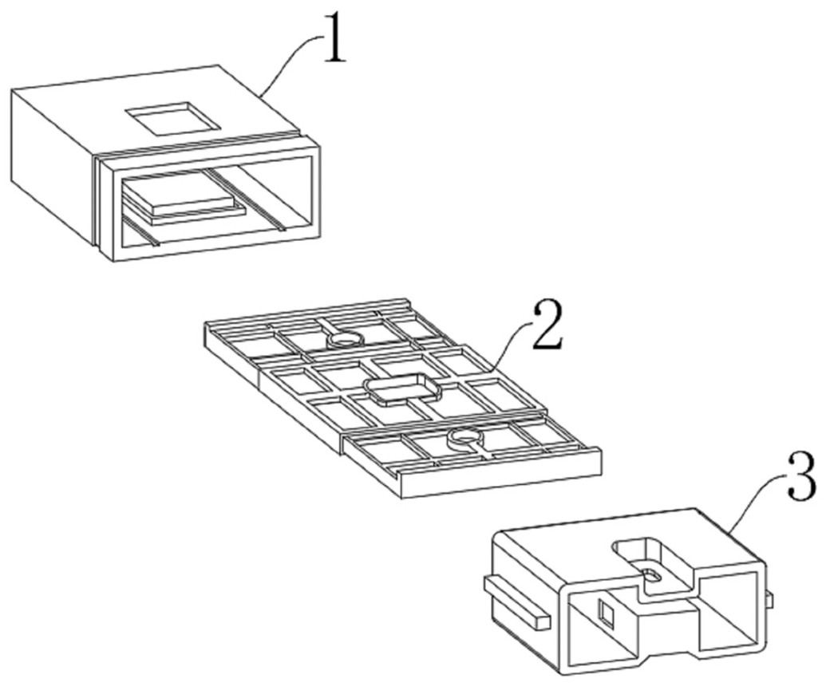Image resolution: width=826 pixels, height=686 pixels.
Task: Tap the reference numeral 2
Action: click(547, 325)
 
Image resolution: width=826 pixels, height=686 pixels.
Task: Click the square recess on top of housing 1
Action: click(172, 117)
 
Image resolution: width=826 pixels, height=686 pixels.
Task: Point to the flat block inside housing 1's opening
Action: click(178, 199)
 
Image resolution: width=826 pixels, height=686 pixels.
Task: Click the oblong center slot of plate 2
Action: click(402, 389)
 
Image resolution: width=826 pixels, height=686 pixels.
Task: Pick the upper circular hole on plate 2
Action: click(345, 340)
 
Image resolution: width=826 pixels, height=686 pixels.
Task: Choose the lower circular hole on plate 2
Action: click(464, 438)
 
